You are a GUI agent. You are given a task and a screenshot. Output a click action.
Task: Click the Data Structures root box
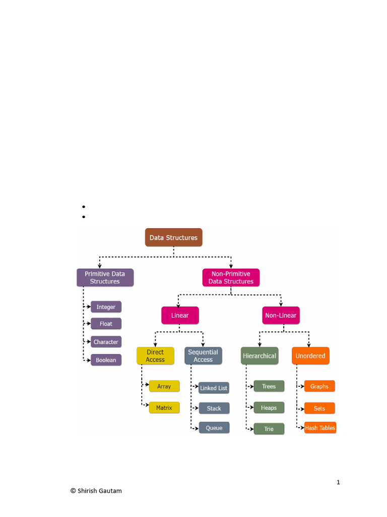pyautogui.click(x=173, y=237)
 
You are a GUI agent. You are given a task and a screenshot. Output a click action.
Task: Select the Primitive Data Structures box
pyautogui.click(x=105, y=278)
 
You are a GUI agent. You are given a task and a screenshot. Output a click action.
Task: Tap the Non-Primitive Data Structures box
pyautogui.click(x=231, y=278)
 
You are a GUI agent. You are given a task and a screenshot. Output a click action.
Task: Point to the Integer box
pyautogui.click(x=106, y=307)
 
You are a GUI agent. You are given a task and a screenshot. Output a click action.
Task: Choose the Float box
pyautogui.click(x=106, y=324)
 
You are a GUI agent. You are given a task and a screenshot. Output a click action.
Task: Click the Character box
pyautogui.click(x=106, y=342)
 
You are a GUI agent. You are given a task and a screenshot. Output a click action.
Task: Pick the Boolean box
pyautogui.click(x=106, y=360)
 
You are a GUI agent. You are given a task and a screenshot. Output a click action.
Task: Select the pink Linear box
pyautogui.click(x=180, y=316)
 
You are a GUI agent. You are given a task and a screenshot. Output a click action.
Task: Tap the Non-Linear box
pyautogui.click(x=281, y=316)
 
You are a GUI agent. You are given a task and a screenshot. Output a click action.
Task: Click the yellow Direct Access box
pyautogui.click(x=155, y=356)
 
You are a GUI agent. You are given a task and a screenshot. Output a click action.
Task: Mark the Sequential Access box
pyautogui.click(x=203, y=356)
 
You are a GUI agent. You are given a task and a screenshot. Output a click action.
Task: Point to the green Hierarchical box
pyautogui.click(x=260, y=356)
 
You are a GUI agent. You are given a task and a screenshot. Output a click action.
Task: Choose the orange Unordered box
pyautogui.click(x=310, y=356)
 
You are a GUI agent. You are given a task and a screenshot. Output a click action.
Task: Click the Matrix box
pyautogui.click(x=164, y=408)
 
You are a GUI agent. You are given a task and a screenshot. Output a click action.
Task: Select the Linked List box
pyautogui.click(x=214, y=388)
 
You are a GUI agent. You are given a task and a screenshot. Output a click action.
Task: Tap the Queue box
pyautogui.click(x=214, y=428)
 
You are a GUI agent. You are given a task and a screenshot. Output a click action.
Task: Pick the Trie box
pyautogui.click(x=269, y=429)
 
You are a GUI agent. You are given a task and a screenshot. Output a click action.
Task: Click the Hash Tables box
pyautogui.click(x=320, y=428)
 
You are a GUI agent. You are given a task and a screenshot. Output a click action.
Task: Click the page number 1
pyautogui.click(x=338, y=482)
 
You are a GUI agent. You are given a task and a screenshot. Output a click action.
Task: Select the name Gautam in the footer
pyautogui.click(x=111, y=491)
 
